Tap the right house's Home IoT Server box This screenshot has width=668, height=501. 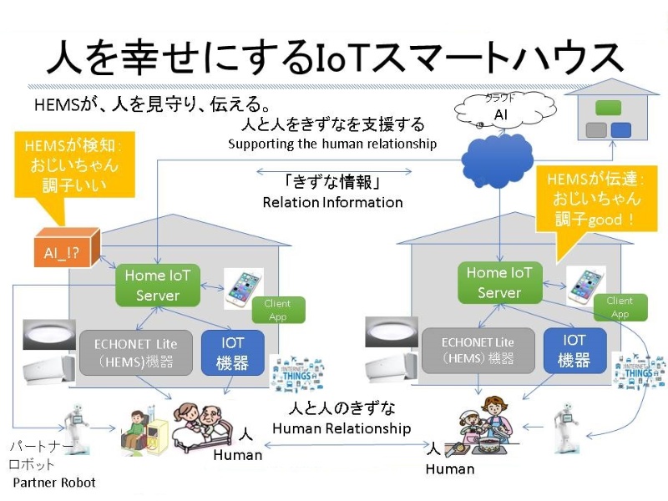(498, 282)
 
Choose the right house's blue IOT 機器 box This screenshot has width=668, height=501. (574, 351)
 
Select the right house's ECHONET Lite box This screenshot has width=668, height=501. (478, 351)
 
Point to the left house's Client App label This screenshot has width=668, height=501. (277, 310)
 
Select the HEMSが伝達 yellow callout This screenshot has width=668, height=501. (595, 199)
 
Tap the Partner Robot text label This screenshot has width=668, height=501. (54, 483)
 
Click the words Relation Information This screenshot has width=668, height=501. (332, 202)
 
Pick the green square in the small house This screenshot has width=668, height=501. (609, 108)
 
